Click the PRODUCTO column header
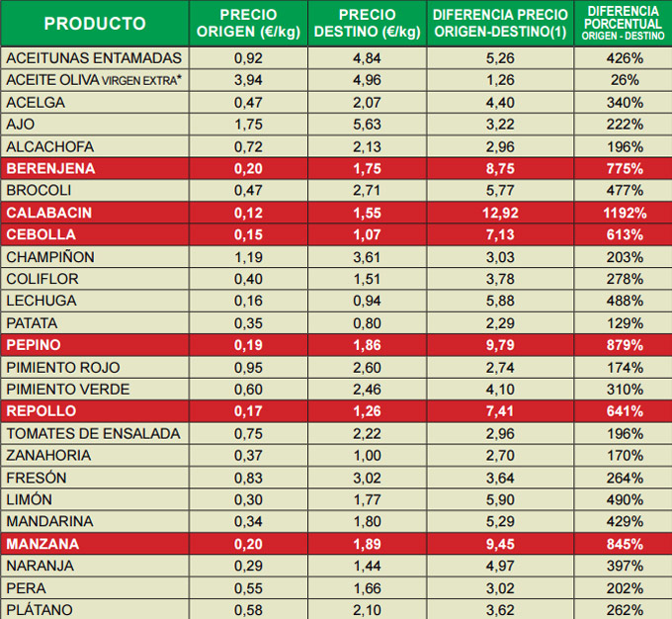pos(95,24)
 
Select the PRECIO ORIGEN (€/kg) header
pos(248,24)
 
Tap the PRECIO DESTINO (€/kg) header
pos(367,24)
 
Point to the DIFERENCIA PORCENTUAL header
pos(624,24)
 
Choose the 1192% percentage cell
pos(624,213)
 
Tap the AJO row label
pos(22,125)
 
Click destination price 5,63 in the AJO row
pos(367,125)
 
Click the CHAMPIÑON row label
pos(50,257)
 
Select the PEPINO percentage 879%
pos(624,345)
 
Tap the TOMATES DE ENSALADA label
pos(93,433)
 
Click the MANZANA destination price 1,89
pos(367,544)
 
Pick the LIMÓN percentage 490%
pos(624,499)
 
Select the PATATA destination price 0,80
pos(367,323)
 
